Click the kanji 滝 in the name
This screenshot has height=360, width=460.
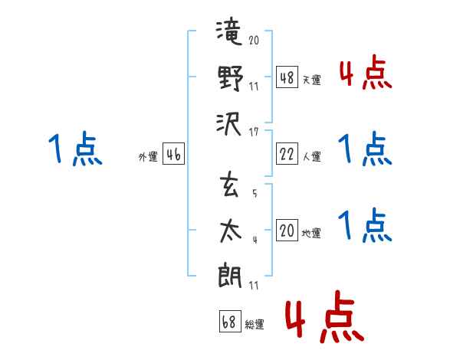229,31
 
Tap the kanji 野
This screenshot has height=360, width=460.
231,77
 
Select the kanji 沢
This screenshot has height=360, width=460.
228,124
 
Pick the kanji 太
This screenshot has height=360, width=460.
231,231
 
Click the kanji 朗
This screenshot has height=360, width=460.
230,275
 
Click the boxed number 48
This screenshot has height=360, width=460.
287,77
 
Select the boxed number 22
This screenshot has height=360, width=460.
287,154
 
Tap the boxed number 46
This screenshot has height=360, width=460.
173,154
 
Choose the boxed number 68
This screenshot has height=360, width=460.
230,321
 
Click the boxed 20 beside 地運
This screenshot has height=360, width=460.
287,230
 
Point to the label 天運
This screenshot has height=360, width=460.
311,80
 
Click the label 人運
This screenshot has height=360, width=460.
311,156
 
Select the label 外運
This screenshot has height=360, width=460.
148,156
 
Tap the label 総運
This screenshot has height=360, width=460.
255,324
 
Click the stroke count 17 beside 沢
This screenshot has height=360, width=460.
254,133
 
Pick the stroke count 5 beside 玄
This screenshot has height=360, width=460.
255,193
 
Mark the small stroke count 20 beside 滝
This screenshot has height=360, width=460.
254,40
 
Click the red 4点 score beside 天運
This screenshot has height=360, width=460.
366,72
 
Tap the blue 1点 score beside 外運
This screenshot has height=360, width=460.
75,149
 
